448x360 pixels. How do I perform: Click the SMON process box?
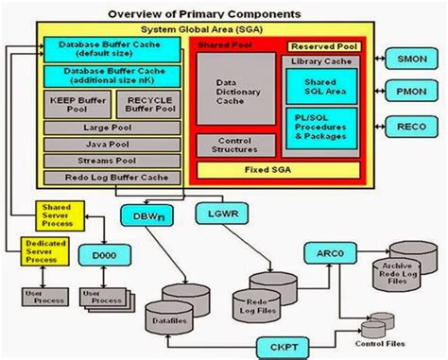tap(413, 58)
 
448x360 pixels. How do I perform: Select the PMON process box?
tap(413, 92)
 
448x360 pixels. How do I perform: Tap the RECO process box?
tap(413, 125)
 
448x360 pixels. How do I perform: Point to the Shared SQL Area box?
tap(321, 86)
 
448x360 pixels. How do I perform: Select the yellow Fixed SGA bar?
tap(278, 170)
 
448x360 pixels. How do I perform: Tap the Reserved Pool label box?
tap(323, 45)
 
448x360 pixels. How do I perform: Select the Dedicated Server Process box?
tap(37, 251)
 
